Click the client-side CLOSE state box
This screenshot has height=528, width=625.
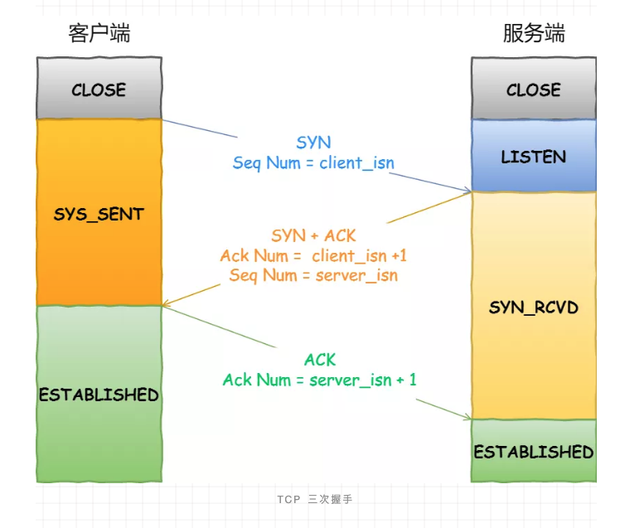[x=99, y=88]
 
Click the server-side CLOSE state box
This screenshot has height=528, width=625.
[x=534, y=88]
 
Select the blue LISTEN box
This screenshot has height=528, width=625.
[x=534, y=155]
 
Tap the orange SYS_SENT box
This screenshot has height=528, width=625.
[x=99, y=212]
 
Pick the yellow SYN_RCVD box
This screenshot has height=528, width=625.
[x=534, y=306]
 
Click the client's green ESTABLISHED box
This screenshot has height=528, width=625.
[x=99, y=394]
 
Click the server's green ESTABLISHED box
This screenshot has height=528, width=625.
[x=534, y=451]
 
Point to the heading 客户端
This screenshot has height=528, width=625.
[x=99, y=32]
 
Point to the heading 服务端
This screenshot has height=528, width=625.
[x=534, y=32]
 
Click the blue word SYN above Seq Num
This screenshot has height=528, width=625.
[x=313, y=143]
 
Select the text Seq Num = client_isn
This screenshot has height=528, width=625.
[x=313, y=163]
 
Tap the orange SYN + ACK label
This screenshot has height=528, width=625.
[x=313, y=235]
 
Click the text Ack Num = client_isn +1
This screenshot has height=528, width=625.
[x=313, y=255]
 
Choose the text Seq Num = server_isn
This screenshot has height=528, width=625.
[x=313, y=275]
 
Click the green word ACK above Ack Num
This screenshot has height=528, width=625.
[x=320, y=360]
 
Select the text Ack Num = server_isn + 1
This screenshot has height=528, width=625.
[x=320, y=380]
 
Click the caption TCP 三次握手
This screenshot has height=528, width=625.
[x=315, y=499]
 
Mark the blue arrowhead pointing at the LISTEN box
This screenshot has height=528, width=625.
[x=468, y=190]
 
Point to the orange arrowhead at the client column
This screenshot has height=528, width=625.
[x=167, y=304]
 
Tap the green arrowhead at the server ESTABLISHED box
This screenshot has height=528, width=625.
[x=468, y=417]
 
